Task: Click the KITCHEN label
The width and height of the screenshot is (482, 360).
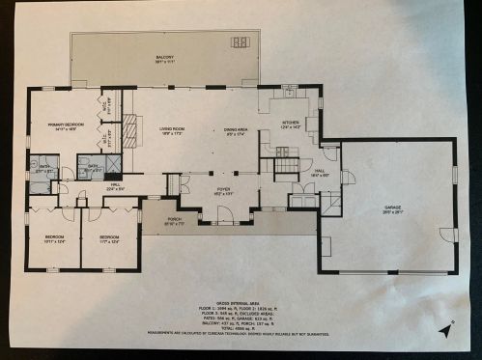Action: pos(291,123)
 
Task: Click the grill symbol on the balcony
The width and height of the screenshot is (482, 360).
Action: pos(238,41)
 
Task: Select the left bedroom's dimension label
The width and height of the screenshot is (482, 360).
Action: pos(55,241)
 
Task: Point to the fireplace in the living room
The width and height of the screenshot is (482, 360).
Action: pos(136,128)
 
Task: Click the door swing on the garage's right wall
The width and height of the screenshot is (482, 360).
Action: pos(447,235)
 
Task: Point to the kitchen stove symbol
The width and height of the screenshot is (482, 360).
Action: pos(282,151)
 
